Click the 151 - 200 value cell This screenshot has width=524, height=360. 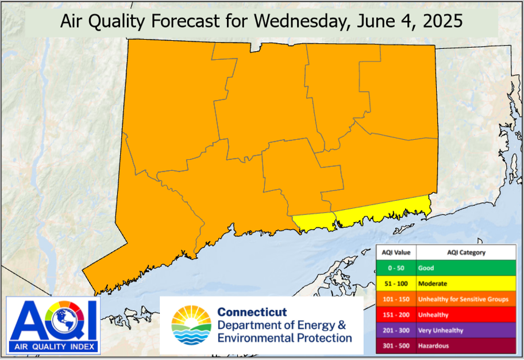[396, 315]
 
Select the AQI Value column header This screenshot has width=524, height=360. [396, 252]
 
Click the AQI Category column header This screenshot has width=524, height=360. [466, 252]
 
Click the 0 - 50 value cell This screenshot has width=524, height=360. [396, 268]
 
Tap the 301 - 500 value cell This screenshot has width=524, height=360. [396, 346]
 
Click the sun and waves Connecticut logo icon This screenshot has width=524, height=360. [191, 325]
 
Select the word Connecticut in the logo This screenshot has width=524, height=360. [252, 312]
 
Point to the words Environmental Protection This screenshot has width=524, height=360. [284, 338]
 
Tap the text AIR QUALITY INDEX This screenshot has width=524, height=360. [53, 346]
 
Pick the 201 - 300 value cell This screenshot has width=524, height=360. [396, 331]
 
